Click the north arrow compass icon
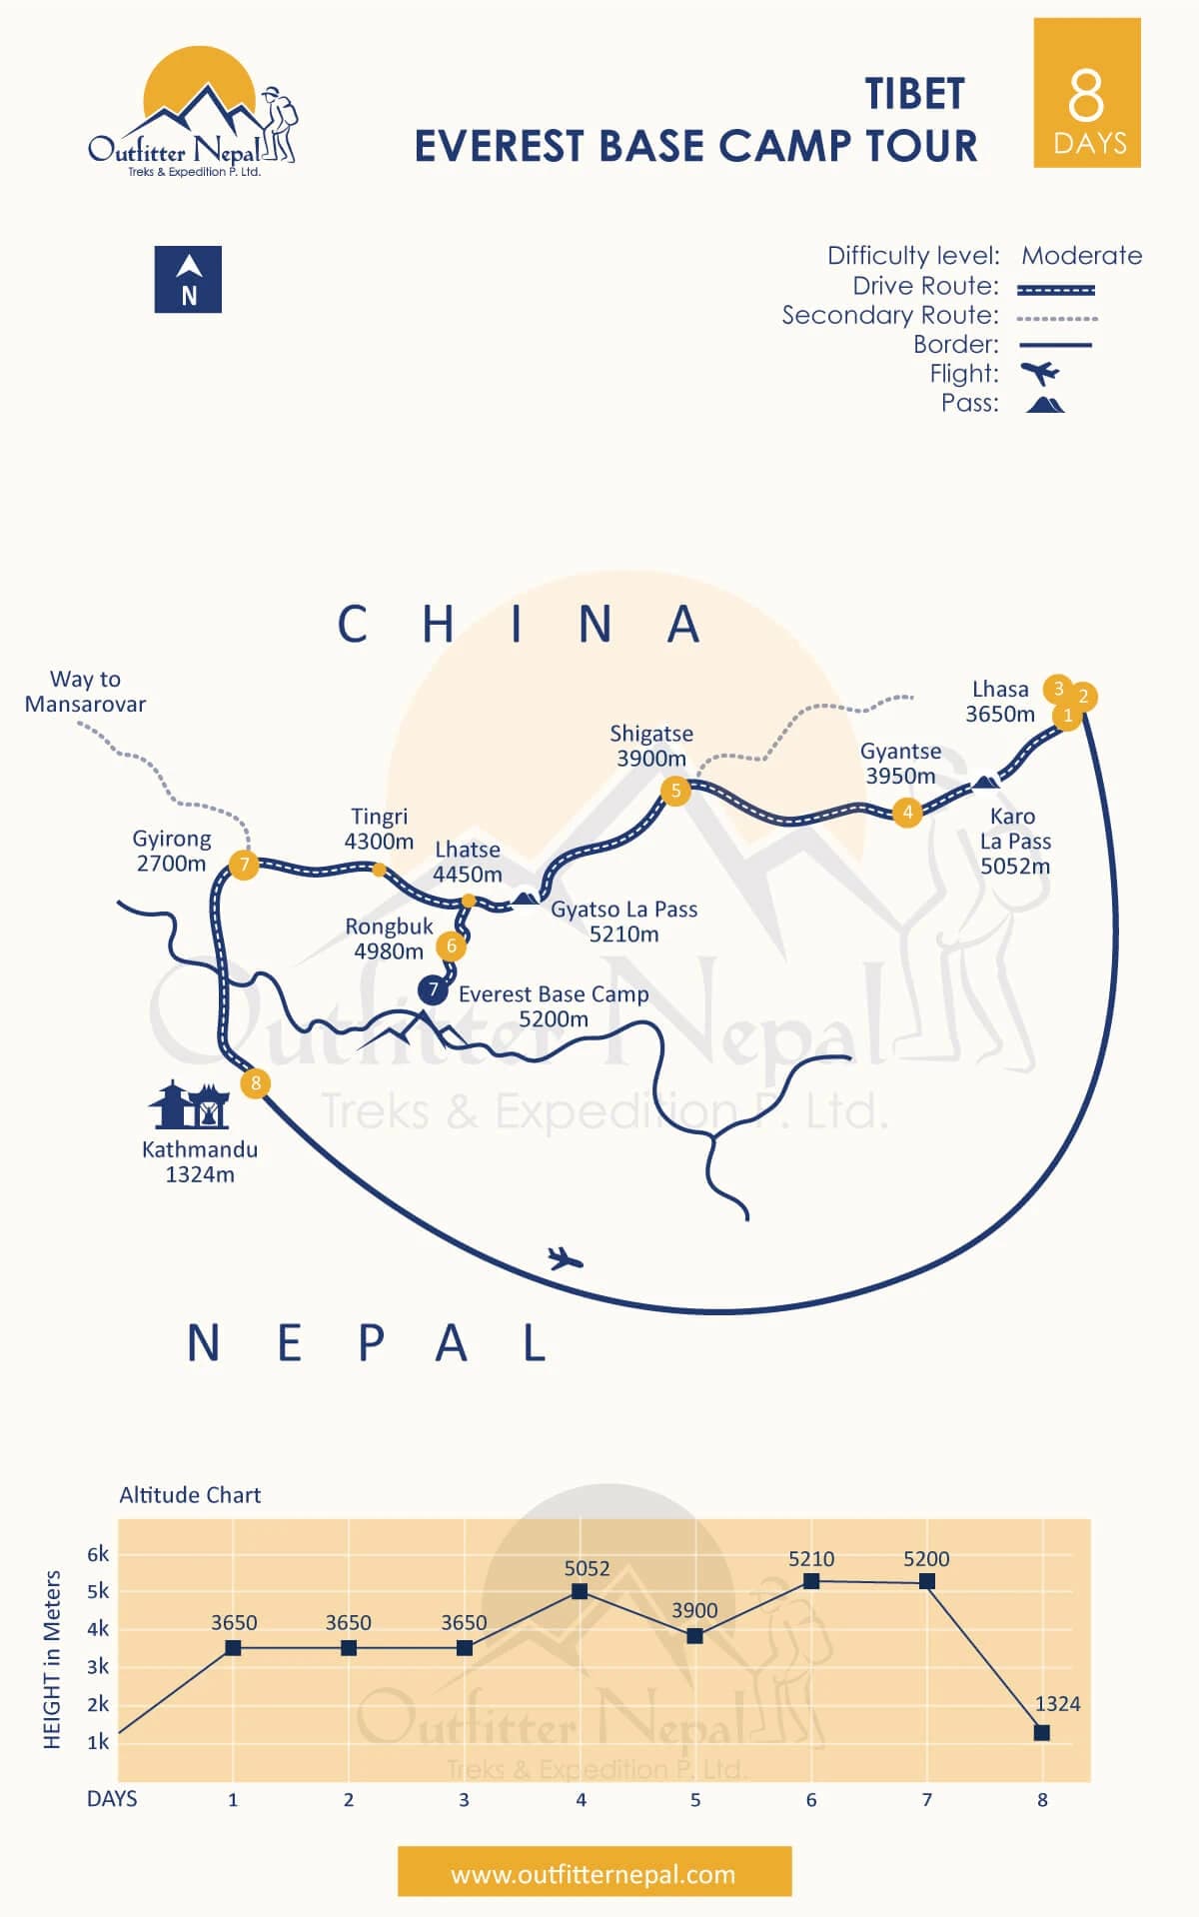[188, 279]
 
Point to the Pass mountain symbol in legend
[1045, 404]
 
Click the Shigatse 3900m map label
[651, 746]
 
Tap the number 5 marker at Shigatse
[675, 792]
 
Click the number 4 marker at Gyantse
[907, 813]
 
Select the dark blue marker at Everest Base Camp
[433, 989]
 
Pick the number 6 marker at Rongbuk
[452, 946]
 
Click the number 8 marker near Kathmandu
[256, 1082]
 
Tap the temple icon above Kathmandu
[190, 1104]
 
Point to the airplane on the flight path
[566, 1257]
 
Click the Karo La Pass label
[1015, 842]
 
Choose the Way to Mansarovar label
[86, 692]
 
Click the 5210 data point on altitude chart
[811, 1581]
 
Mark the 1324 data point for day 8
[1042, 1732]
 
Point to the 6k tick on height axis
[98, 1554]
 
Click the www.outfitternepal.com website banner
[595, 1871]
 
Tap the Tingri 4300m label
[379, 829]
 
